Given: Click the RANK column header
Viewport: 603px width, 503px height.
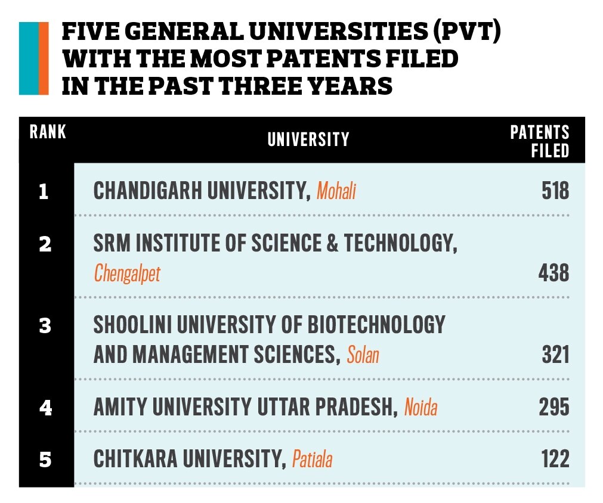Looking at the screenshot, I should pyautogui.click(x=48, y=132).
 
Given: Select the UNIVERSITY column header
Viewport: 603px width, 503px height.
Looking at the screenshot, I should pyautogui.click(x=308, y=139).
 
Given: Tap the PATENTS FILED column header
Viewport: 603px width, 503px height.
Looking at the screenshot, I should pyautogui.click(x=539, y=141).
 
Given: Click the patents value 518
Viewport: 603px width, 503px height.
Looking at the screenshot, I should pyautogui.click(x=555, y=191).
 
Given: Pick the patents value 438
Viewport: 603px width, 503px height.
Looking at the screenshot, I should pyautogui.click(x=553, y=274).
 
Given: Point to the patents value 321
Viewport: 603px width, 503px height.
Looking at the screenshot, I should pyautogui.click(x=555, y=355).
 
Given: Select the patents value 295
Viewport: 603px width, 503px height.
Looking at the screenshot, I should pyautogui.click(x=554, y=408).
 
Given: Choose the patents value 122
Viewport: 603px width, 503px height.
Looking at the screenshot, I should pyautogui.click(x=555, y=459).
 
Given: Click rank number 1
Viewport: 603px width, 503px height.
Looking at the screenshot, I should pyautogui.click(x=44, y=192).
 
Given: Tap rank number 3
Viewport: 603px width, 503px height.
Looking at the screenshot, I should pyautogui.click(x=45, y=326).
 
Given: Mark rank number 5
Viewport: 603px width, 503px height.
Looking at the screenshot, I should pyautogui.click(x=45, y=460).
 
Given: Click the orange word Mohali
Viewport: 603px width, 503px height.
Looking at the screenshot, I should pyautogui.click(x=336, y=192).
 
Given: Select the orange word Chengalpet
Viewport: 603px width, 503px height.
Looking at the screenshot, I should pyautogui.click(x=127, y=274).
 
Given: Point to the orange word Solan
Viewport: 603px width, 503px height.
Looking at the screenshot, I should pyautogui.click(x=363, y=356).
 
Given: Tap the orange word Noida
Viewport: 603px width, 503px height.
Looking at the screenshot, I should pyautogui.click(x=420, y=408).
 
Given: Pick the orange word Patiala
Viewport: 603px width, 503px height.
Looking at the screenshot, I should pyautogui.click(x=312, y=460).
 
